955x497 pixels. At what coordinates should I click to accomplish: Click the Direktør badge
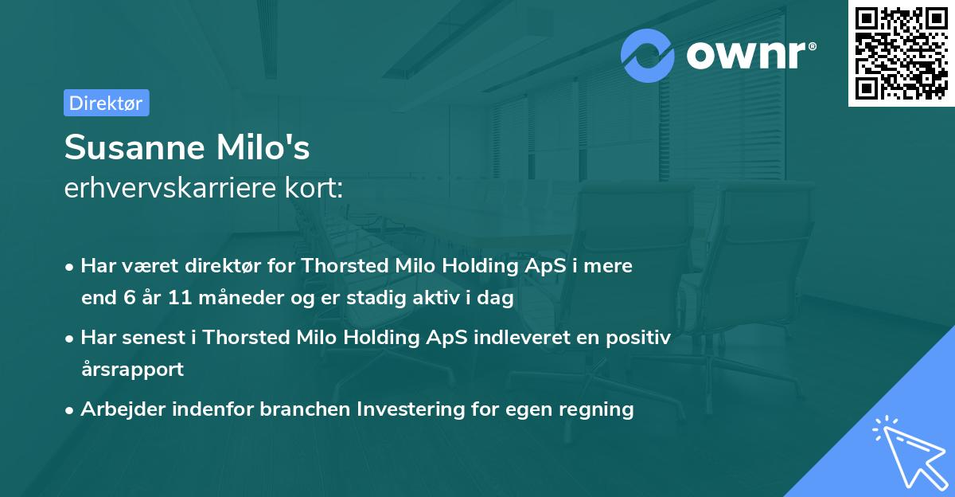click(x=106, y=103)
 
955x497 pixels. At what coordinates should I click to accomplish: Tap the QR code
click(x=901, y=53)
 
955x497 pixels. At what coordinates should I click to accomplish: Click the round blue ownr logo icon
click(x=648, y=55)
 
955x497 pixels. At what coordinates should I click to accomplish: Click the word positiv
click(x=641, y=338)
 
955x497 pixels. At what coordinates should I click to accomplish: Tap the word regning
click(x=598, y=409)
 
